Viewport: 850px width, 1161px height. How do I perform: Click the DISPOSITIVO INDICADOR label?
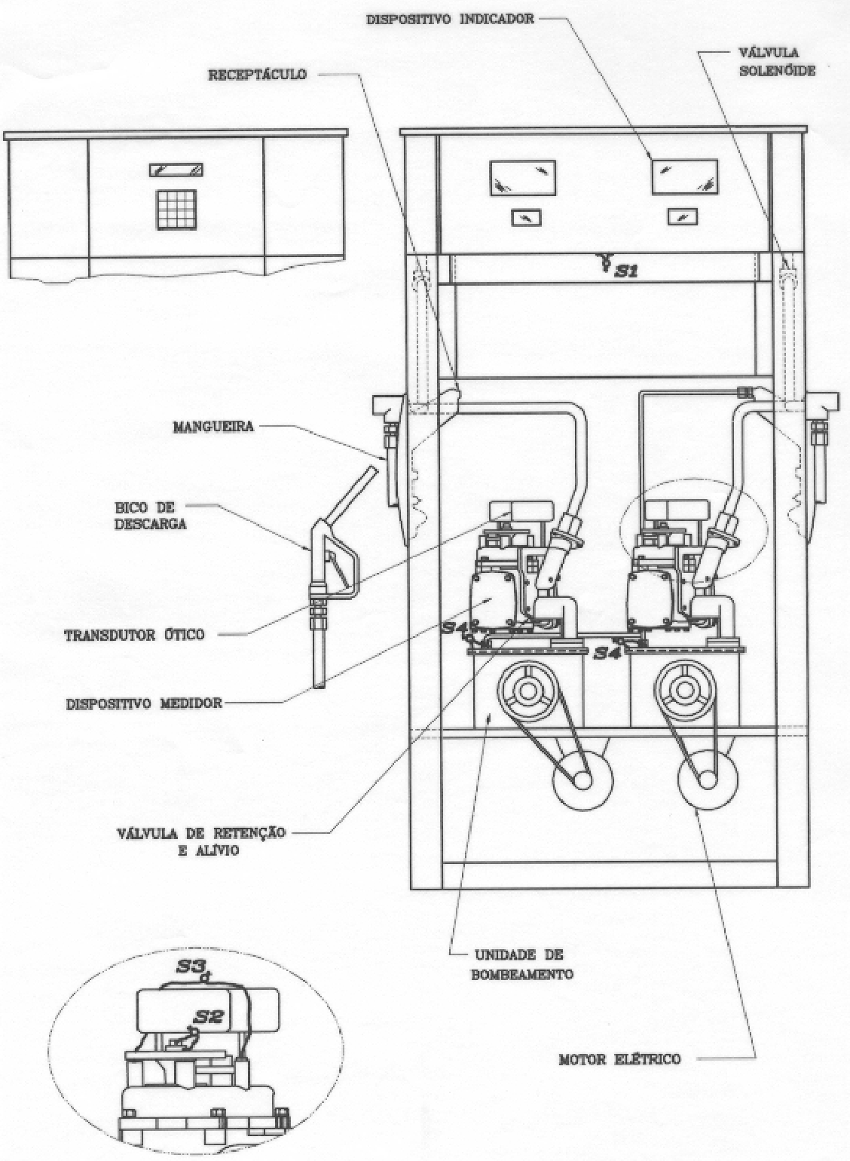coord(450,20)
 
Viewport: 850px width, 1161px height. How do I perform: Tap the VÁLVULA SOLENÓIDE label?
coord(777,62)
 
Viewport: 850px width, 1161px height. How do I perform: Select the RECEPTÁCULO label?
coord(258,75)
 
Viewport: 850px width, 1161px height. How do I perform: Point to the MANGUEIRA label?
coord(213,427)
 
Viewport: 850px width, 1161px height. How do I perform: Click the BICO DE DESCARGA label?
coord(151,515)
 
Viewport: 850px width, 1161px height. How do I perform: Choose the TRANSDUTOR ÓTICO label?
coord(135,635)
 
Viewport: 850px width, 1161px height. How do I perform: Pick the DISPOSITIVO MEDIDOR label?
coord(144,704)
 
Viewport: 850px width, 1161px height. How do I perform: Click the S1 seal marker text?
coord(627,271)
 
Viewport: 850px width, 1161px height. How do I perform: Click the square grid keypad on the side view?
coord(176,210)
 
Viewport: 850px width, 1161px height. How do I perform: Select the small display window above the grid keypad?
coord(176,170)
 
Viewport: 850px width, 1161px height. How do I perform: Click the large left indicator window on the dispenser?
coord(523,178)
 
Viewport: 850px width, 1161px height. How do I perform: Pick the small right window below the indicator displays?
coord(682,216)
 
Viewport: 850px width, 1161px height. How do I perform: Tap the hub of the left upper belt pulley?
coord(527,691)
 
